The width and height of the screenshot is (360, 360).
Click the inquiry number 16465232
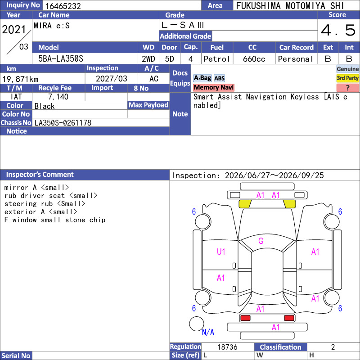[x=63, y=6]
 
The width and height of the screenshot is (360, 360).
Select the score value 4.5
[x=338, y=30]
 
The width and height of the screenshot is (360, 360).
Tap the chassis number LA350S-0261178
[x=63, y=123]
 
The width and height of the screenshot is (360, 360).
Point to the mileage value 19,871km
[x=20, y=79]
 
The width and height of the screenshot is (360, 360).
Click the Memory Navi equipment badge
[x=213, y=87]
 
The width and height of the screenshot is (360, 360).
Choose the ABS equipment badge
[x=219, y=78]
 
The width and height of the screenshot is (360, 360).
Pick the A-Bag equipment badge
[x=202, y=78]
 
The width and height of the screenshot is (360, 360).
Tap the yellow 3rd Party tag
[x=347, y=78]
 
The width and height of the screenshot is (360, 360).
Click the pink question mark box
[x=347, y=87]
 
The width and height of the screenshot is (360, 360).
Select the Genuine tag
[x=347, y=69]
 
